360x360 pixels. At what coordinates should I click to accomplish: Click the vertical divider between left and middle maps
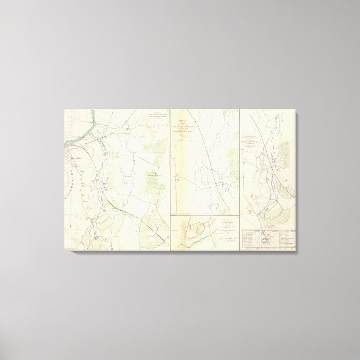click(170, 168)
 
